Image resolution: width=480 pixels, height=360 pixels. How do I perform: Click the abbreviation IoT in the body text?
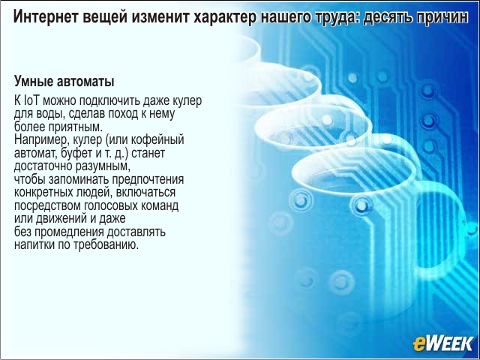point(31,100)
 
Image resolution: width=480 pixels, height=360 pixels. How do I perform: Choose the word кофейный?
point(157,140)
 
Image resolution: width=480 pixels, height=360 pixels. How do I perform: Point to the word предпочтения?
point(148,180)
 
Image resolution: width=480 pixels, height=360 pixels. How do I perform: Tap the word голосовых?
point(111,205)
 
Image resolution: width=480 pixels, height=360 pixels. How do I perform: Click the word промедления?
point(69,232)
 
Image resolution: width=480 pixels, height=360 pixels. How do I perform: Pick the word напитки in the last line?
point(34,245)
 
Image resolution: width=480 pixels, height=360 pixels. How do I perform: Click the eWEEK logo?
point(442,343)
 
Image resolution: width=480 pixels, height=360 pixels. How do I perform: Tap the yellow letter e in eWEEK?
point(418,345)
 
